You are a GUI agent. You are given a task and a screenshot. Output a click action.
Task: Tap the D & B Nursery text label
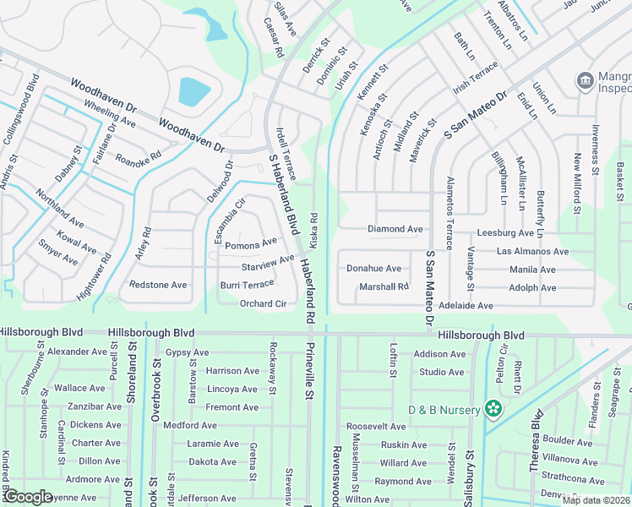[x=444, y=410]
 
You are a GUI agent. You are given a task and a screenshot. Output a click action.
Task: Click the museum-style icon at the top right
[x=584, y=81]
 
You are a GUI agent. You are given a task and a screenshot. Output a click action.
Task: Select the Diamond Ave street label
[x=395, y=229]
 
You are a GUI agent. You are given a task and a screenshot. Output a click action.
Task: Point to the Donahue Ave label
[x=373, y=269]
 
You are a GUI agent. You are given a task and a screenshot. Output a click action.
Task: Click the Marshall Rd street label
[x=384, y=286]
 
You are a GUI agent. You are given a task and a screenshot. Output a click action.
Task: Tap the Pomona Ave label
[x=251, y=243]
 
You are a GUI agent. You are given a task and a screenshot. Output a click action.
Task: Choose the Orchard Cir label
[x=263, y=303]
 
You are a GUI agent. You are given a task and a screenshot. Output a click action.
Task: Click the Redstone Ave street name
[x=158, y=285]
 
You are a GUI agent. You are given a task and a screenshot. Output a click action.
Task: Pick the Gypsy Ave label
[x=187, y=352]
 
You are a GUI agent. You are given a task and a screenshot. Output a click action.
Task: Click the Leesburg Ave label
[x=505, y=232]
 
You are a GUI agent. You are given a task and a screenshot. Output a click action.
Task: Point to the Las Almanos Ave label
[x=532, y=251]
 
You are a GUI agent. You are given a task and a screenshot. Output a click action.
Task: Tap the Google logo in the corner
[x=28, y=497]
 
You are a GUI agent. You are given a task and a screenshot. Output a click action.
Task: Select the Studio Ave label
[x=441, y=372]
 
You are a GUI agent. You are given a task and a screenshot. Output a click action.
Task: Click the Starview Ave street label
[x=268, y=264]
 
